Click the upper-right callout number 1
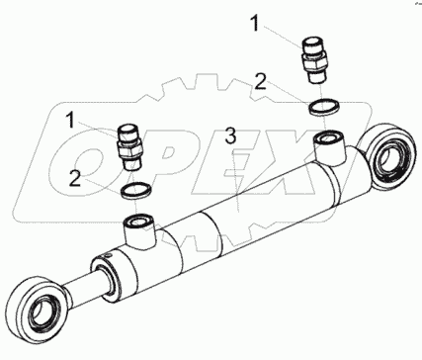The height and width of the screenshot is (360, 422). coord(255,23)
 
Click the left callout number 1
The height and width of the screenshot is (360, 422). coord(71,120)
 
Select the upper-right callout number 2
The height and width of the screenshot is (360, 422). coord(260,81)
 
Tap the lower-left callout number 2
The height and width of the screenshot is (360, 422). coord(75,179)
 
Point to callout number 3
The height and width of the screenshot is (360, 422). coord(230,135)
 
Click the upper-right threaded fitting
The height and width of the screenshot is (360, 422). coord(314,60)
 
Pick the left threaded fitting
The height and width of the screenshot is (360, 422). coord(129,146)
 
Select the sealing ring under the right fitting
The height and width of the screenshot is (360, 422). coord(324,107)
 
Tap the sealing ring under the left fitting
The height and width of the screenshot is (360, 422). coord(136,191)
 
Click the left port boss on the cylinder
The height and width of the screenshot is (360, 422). coord(140,231)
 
